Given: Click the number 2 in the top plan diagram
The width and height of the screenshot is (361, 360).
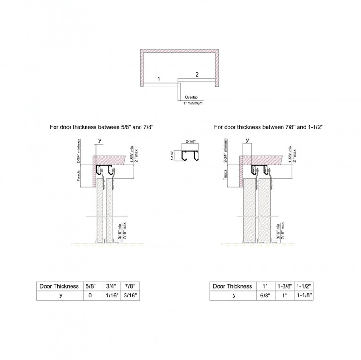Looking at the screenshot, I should pyautogui.click(x=197, y=74).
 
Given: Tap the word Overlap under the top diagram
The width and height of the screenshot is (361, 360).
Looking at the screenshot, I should pyautogui.click(x=191, y=97).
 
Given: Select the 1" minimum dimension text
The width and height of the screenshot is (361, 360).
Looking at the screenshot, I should pyautogui.click(x=193, y=103).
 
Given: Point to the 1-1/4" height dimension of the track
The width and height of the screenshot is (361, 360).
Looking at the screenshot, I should pyautogui.click(x=173, y=154).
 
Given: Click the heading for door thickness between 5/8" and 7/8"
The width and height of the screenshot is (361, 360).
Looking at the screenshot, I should pyautogui.click(x=102, y=127).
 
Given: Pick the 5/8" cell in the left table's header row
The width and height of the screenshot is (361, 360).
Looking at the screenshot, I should pyautogui.click(x=90, y=286).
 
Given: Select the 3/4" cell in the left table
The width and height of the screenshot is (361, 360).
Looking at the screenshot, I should pyautogui.click(x=110, y=286).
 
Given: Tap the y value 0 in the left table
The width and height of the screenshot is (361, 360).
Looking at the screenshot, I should pyautogui.click(x=90, y=296).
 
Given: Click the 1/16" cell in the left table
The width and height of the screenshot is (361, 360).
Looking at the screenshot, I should pyautogui.click(x=110, y=296).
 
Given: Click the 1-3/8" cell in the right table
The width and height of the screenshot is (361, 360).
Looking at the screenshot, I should pyautogui.click(x=283, y=286).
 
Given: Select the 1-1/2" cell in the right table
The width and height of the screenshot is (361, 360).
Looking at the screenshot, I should pyautogui.click(x=303, y=286).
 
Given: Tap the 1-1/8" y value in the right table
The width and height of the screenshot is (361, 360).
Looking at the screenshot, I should pyautogui.click(x=303, y=296).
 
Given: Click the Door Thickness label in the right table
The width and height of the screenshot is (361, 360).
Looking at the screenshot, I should pyautogui.click(x=232, y=286).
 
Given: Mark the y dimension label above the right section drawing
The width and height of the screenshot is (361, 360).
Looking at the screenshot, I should pyautogui.click(x=247, y=140).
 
